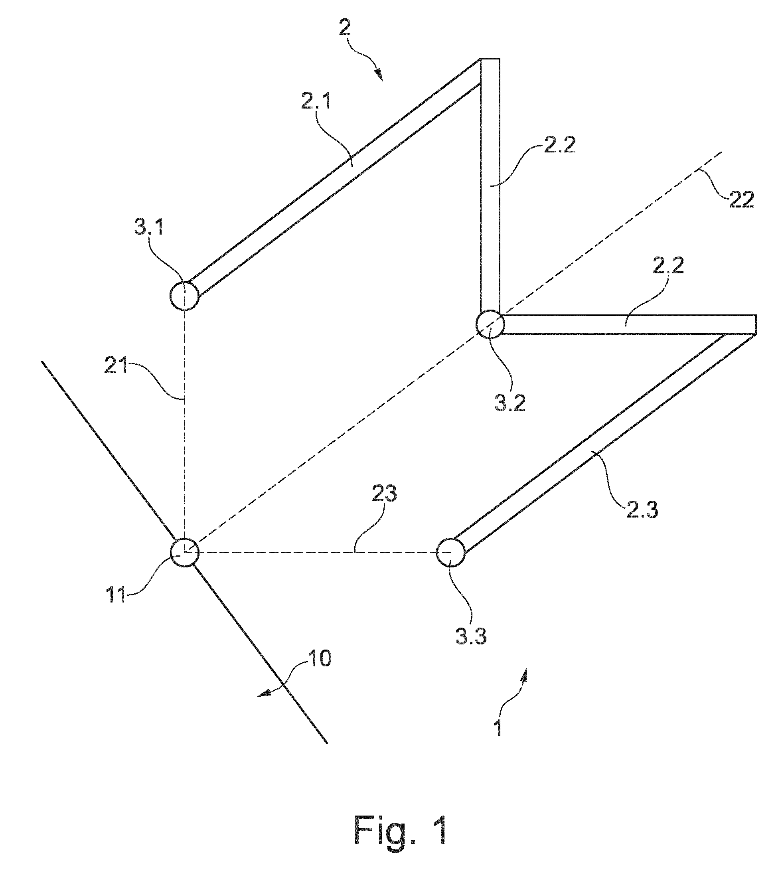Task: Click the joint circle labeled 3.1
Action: click(x=185, y=296)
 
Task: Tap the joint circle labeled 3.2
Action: click(x=490, y=324)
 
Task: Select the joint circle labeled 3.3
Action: click(x=451, y=553)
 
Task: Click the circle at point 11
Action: click(x=185, y=553)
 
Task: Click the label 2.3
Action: click(x=642, y=509)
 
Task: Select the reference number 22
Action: click(x=742, y=200)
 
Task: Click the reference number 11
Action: click(x=116, y=595)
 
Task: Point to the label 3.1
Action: click(x=149, y=227)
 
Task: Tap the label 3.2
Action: click(x=510, y=402)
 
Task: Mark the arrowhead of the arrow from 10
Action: click(x=263, y=695)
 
